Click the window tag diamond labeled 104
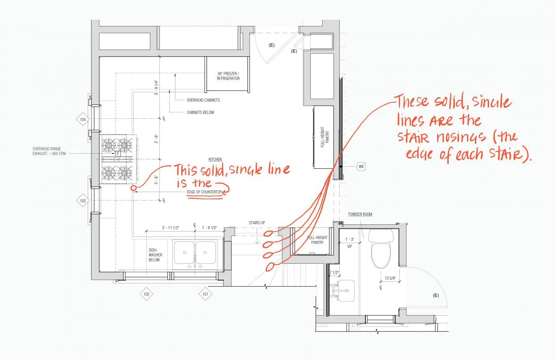(x=83, y=120)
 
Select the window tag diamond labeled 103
(x=83, y=201)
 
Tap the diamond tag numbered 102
(x=146, y=294)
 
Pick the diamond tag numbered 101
(x=205, y=294)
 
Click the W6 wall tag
(x=361, y=167)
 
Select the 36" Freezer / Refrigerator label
(x=228, y=76)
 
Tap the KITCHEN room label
(x=215, y=159)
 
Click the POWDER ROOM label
(x=360, y=214)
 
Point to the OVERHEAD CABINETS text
(x=203, y=100)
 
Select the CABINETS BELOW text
(x=200, y=112)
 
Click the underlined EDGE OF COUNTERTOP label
(x=205, y=193)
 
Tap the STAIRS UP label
(x=257, y=223)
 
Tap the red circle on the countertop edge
(x=133, y=188)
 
